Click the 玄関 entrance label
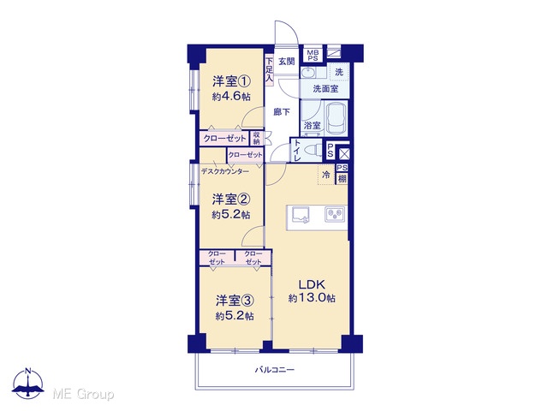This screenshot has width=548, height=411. (287, 62)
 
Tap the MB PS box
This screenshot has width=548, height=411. (313, 55)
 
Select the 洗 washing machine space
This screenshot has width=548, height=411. (339, 72)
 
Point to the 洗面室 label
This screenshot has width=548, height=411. (325, 89)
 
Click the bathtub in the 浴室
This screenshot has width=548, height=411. (337, 118)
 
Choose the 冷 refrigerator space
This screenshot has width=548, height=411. (326, 175)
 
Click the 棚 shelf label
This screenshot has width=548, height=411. (342, 179)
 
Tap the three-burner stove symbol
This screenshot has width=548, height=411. (335, 214)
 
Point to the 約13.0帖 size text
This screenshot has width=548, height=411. (312, 298)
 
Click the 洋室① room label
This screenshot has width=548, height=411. (231, 82)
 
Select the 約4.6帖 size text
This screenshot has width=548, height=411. (231, 97)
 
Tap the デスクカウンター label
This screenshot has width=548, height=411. (225, 171)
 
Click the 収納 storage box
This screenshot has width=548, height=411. (257, 138)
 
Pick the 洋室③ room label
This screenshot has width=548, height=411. (235, 301)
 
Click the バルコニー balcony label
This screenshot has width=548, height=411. (274, 369)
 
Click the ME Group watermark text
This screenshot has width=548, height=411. (83, 394)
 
